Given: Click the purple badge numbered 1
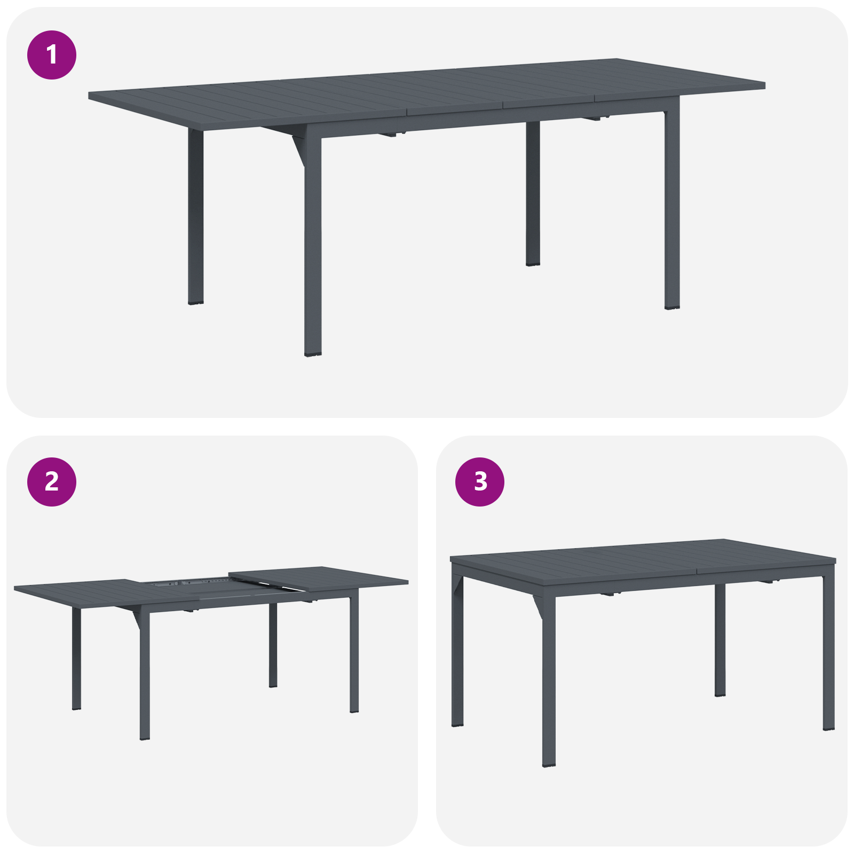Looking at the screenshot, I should coord(52,55).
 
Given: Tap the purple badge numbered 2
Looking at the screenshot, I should coord(52,482).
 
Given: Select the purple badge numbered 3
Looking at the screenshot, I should coord(480,482).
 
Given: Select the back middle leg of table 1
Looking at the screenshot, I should coord(533,192).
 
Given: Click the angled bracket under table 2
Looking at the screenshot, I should coord(137,619).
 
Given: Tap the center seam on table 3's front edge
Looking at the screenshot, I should coord(697,572).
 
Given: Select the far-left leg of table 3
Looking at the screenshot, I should coord(457,651).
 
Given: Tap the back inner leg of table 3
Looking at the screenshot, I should coord(720,640).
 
